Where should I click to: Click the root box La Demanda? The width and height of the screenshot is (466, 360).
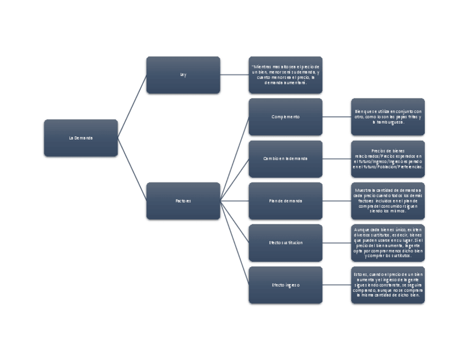point(81,138)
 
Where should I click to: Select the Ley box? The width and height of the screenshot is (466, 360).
point(183,75)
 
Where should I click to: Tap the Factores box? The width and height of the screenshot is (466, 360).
point(183,201)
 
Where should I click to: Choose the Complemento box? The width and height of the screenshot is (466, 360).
point(285,117)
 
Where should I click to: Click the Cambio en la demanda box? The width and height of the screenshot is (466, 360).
point(285,159)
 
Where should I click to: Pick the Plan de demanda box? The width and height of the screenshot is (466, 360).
point(285,201)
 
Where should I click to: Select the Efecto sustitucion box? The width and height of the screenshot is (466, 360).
point(285,243)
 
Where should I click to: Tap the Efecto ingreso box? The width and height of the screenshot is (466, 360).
point(285,285)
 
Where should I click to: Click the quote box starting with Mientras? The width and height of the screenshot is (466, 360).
point(285,75)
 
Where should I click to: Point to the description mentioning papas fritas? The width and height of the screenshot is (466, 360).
point(388,117)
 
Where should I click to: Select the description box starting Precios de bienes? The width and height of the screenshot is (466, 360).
point(388,159)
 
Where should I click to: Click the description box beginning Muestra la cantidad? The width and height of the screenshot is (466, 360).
point(388,201)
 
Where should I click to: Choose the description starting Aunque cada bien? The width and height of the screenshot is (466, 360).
point(388,243)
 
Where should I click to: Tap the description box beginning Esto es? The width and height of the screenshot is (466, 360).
point(388,285)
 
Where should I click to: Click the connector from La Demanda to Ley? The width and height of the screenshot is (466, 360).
point(132,107)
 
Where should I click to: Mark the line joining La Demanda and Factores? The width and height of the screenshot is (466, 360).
point(132,169)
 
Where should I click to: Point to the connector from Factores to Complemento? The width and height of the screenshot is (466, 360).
point(235,159)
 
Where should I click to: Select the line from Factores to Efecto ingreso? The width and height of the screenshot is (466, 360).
point(235,243)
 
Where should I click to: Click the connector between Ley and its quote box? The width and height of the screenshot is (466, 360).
point(234,75)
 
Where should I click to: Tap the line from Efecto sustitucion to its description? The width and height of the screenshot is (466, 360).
point(336,243)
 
